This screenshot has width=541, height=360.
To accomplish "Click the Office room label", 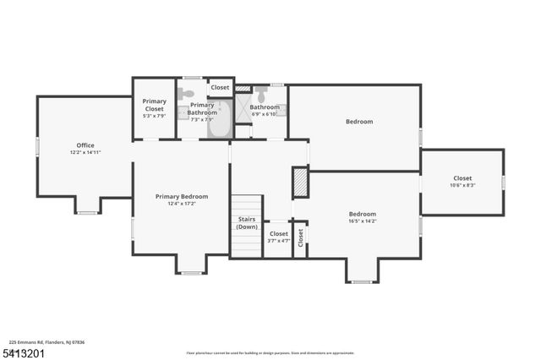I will click(x=85, y=145).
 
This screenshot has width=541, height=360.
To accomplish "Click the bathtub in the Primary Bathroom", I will click(x=219, y=120).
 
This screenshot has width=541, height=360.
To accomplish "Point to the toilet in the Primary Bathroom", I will click(x=188, y=94).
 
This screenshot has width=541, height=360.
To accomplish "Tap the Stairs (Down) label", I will click(x=247, y=222).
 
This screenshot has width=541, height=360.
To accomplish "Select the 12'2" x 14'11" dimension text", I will click(x=85, y=152).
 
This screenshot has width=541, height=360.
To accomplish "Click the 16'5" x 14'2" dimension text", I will click(x=363, y=221).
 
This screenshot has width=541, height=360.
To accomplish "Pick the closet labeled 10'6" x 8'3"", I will click(x=462, y=181).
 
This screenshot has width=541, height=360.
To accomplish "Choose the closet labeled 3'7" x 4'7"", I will click(x=278, y=237).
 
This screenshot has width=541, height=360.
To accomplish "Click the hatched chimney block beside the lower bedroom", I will click(x=300, y=182).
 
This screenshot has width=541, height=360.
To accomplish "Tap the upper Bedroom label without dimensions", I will click(x=358, y=122).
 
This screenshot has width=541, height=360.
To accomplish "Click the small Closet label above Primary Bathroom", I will click(x=220, y=87).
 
